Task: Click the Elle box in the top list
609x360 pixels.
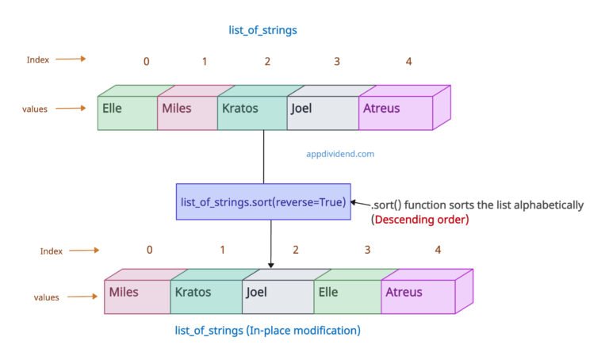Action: (127, 112)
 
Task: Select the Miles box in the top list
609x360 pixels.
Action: (187, 112)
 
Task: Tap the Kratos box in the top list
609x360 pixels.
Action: (251, 112)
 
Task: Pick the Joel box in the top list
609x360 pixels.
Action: (322, 112)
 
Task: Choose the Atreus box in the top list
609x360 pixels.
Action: (396, 112)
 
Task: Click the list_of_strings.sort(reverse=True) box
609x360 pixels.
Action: (263, 202)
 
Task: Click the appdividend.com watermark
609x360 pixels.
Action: (339, 155)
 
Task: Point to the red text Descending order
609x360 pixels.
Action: (421, 219)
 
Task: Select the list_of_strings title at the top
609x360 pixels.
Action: (262, 30)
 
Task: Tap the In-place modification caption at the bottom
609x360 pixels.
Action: (266, 329)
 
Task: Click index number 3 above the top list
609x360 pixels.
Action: (337, 61)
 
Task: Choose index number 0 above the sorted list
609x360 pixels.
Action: (150, 250)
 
